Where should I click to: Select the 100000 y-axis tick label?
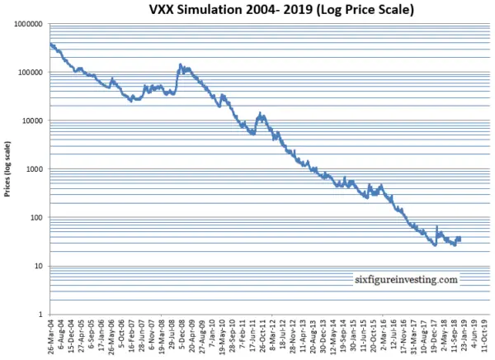click(28, 73)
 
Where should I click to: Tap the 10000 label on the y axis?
click(31, 121)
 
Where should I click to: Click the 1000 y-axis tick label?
click(32, 170)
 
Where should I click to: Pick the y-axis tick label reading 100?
click(35, 218)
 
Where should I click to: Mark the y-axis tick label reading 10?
click(37, 267)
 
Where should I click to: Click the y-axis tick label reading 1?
click(40, 315)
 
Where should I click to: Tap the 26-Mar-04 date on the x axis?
click(51, 339)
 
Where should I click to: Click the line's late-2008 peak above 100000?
click(180, 64)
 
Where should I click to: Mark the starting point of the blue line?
click(50, 45)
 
